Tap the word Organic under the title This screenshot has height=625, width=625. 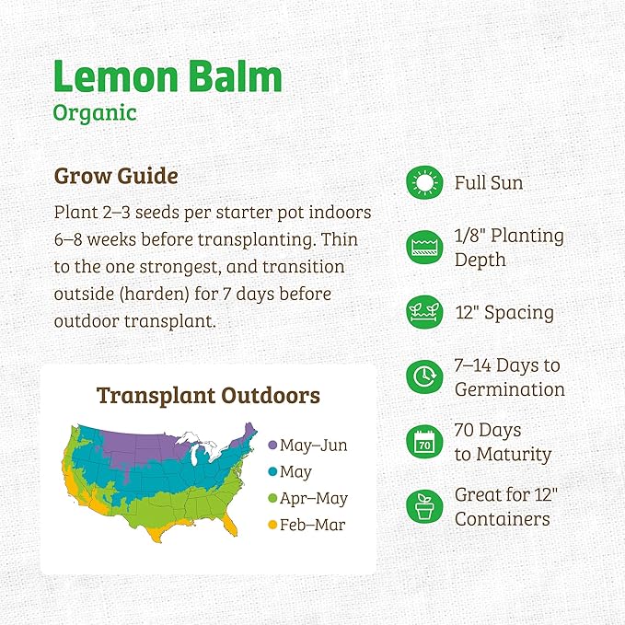click(95, 113)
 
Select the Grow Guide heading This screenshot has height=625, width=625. click(116, 175)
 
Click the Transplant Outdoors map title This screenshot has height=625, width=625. click(209, 396)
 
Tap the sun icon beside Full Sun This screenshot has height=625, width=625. click(423, 183)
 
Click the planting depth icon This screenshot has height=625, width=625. click(423, 247)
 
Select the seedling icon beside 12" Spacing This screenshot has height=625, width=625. click(423, 312)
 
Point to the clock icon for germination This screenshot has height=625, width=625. click(423, 376)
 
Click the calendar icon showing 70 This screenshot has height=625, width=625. click(423, 442)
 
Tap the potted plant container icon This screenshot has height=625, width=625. click(423, 506)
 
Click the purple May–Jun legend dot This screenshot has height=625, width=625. click(272, 446)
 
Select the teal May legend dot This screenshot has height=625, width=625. click(272, 472)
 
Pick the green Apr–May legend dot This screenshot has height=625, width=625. click(272, 499)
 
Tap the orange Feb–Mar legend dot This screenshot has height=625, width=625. click(272, 526)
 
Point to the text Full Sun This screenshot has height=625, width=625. click(489, 183)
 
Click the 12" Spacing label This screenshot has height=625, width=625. click(504, 312)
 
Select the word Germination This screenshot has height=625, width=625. click(509, 388)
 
